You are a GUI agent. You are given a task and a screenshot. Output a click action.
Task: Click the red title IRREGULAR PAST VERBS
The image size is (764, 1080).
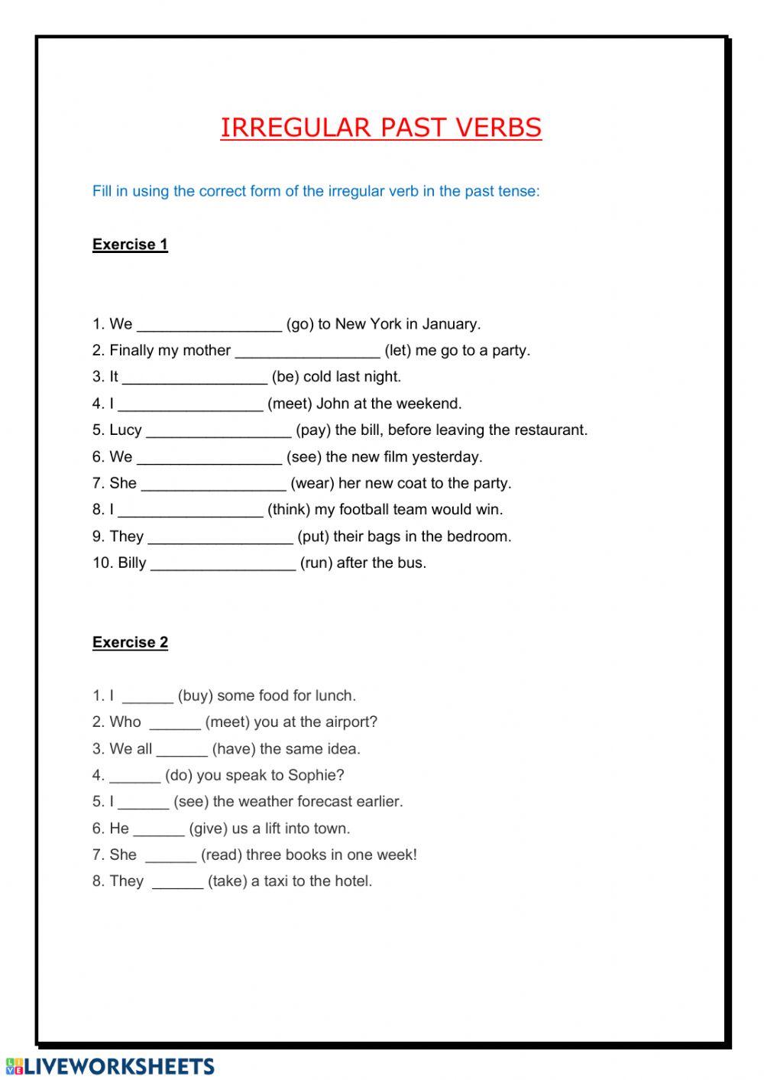point(380,128)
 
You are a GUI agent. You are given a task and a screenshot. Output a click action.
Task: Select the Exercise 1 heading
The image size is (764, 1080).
point(130,245)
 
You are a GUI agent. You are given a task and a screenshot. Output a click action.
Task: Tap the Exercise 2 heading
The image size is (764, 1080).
point(130,642)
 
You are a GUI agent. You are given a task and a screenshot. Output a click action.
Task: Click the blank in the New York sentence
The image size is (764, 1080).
point(209,325)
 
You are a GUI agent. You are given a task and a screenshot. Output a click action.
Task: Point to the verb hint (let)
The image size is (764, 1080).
point(397,351)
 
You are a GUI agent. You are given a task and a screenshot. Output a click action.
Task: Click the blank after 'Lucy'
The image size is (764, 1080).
point(218,431)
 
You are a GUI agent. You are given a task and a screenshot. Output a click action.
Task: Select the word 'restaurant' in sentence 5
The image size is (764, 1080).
point(549,430)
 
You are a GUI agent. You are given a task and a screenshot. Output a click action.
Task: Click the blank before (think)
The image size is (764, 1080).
point(190,511)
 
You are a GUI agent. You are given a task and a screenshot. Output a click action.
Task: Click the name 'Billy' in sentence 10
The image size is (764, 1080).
point(131,563)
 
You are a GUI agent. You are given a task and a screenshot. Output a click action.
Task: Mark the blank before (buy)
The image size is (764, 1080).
point(147,697)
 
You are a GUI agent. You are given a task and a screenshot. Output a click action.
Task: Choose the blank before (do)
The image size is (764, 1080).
point(134,777)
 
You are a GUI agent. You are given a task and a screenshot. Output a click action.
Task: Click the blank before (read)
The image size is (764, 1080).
point(170,856)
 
